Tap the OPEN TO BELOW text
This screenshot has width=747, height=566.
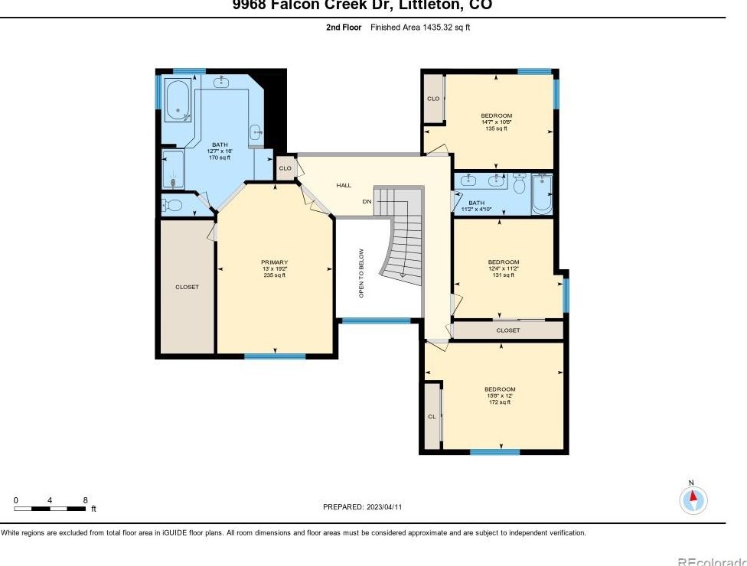[362, 274]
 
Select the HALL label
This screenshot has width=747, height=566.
[344, 185]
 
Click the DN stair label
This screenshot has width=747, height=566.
[367, 202]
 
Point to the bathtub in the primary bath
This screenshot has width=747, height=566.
[178, 100]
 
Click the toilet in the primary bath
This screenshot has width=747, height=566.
[174, 205]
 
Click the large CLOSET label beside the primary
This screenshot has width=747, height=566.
[187, 287]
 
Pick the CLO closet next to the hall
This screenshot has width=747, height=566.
[285, 168]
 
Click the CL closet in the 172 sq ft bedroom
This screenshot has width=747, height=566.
[432, 416]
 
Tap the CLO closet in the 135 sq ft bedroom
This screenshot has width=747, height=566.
[433, 99]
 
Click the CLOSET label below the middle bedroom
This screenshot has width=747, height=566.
[507, 330]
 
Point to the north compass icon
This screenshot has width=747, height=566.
[693, 499]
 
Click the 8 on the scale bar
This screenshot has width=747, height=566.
[85, 500]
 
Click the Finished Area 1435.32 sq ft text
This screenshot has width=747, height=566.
[420, 27]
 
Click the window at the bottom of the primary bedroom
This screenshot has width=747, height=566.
[275, 356]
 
